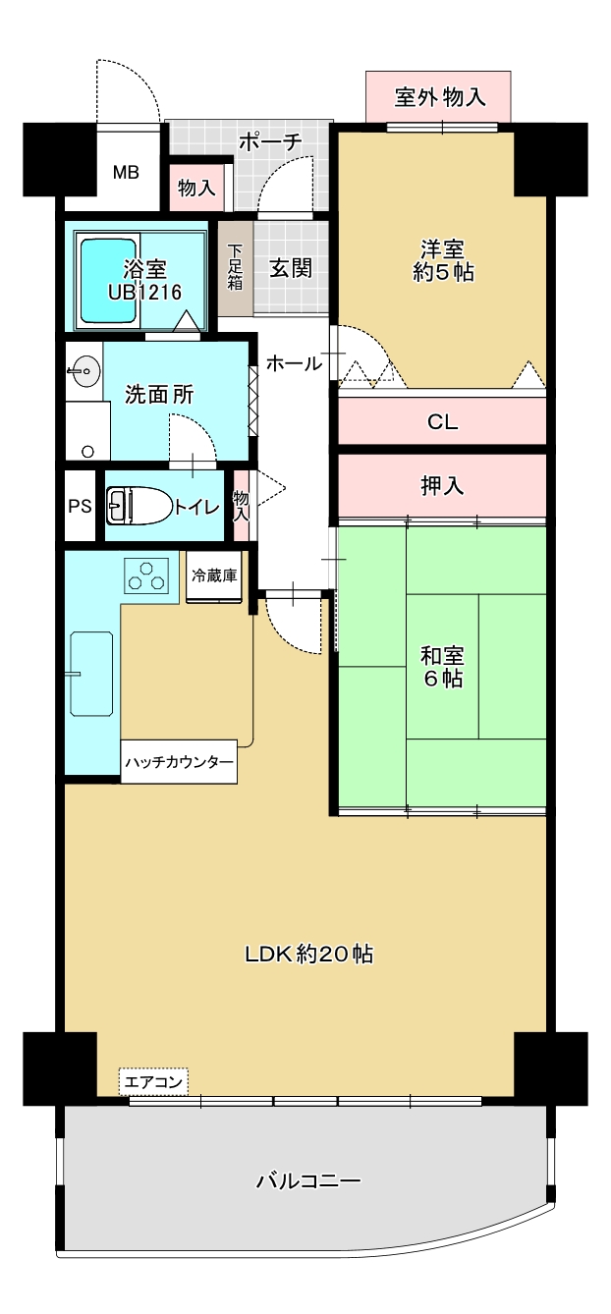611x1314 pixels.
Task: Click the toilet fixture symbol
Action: pos(139,505)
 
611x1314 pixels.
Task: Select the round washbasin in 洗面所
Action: pos(84,371)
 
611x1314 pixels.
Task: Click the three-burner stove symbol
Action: pos(146,575)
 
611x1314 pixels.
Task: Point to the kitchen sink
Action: pos(91,674)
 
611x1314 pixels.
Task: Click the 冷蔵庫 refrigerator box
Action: pos(213,576)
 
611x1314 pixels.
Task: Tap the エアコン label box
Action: pos(154,1081)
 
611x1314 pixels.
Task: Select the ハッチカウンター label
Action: pos(179,762)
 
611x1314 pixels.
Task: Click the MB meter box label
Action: pos(126,173)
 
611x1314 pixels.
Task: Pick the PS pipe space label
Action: pos(80,506)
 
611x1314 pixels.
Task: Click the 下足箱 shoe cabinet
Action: pos(236,268)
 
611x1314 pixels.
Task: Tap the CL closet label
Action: pos(443,421)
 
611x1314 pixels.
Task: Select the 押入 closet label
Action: pos(443,486)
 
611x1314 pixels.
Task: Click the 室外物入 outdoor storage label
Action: pos(440,97)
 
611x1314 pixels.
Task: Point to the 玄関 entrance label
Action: pos(291,268)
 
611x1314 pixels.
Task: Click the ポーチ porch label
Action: pos(270,142)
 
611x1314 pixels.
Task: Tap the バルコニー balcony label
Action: pos(308,1180)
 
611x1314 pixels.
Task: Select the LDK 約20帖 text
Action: pos(308,954)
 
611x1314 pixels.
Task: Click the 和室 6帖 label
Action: pos(442,667)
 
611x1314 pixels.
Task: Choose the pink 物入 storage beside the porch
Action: pos(196,188)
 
